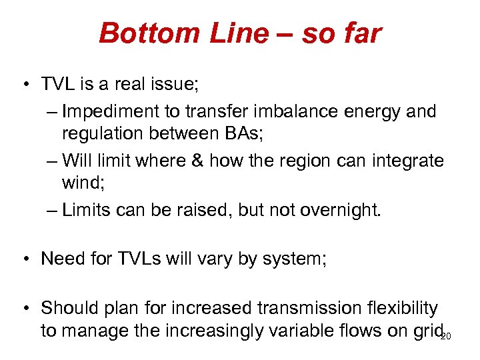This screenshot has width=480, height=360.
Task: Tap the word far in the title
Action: tap(360, 33)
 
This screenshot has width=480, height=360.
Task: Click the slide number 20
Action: tap(446, 336)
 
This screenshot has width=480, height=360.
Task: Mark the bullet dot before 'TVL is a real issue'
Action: tap(23, 85)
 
